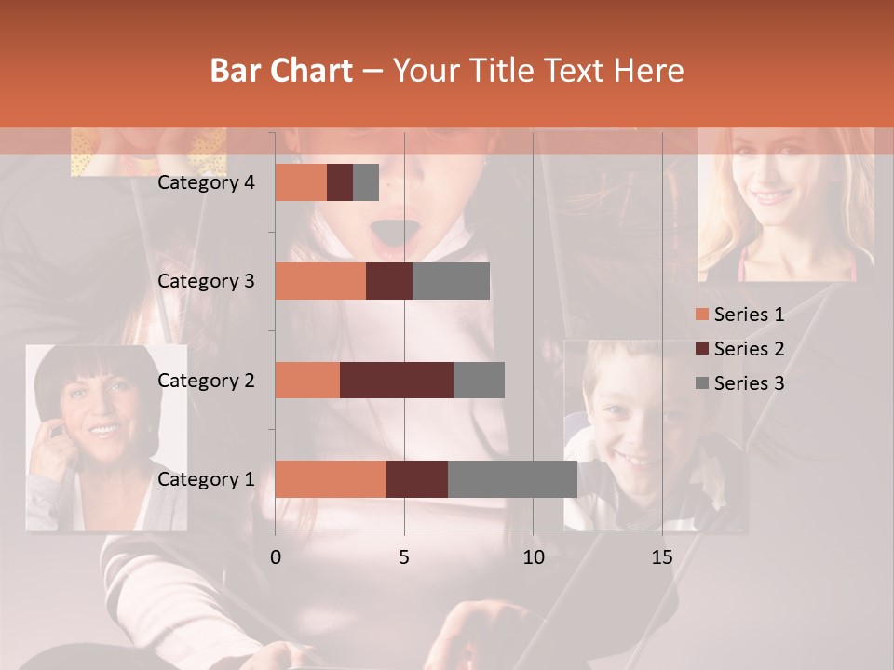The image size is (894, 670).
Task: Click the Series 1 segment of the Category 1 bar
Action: click(331, 479)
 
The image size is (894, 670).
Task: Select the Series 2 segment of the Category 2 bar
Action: click(397, 380)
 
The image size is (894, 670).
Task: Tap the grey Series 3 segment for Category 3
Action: click(451, 281)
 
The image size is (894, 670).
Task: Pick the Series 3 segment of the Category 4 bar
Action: click(366, 182)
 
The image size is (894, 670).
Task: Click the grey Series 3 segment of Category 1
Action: click(512, 479)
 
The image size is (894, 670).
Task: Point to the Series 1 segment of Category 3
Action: click(320, 281)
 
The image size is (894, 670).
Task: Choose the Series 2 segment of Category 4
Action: click(340, 182)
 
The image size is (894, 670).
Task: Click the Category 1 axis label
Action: click(206, 479)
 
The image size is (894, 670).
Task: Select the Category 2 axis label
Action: click(206, 380)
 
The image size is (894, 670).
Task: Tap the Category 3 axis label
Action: click(206, 281)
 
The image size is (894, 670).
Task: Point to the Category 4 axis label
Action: click(206, 182)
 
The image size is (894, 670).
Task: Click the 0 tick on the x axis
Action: click(275, 557)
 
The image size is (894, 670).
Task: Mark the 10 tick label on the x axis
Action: click(533, 557)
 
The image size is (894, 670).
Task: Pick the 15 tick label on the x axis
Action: click(662, 557)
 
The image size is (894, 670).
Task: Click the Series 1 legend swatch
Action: click(701, 315)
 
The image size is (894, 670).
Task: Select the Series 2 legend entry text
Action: click(749, 349)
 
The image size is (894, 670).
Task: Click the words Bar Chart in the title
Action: click(281, 70)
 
